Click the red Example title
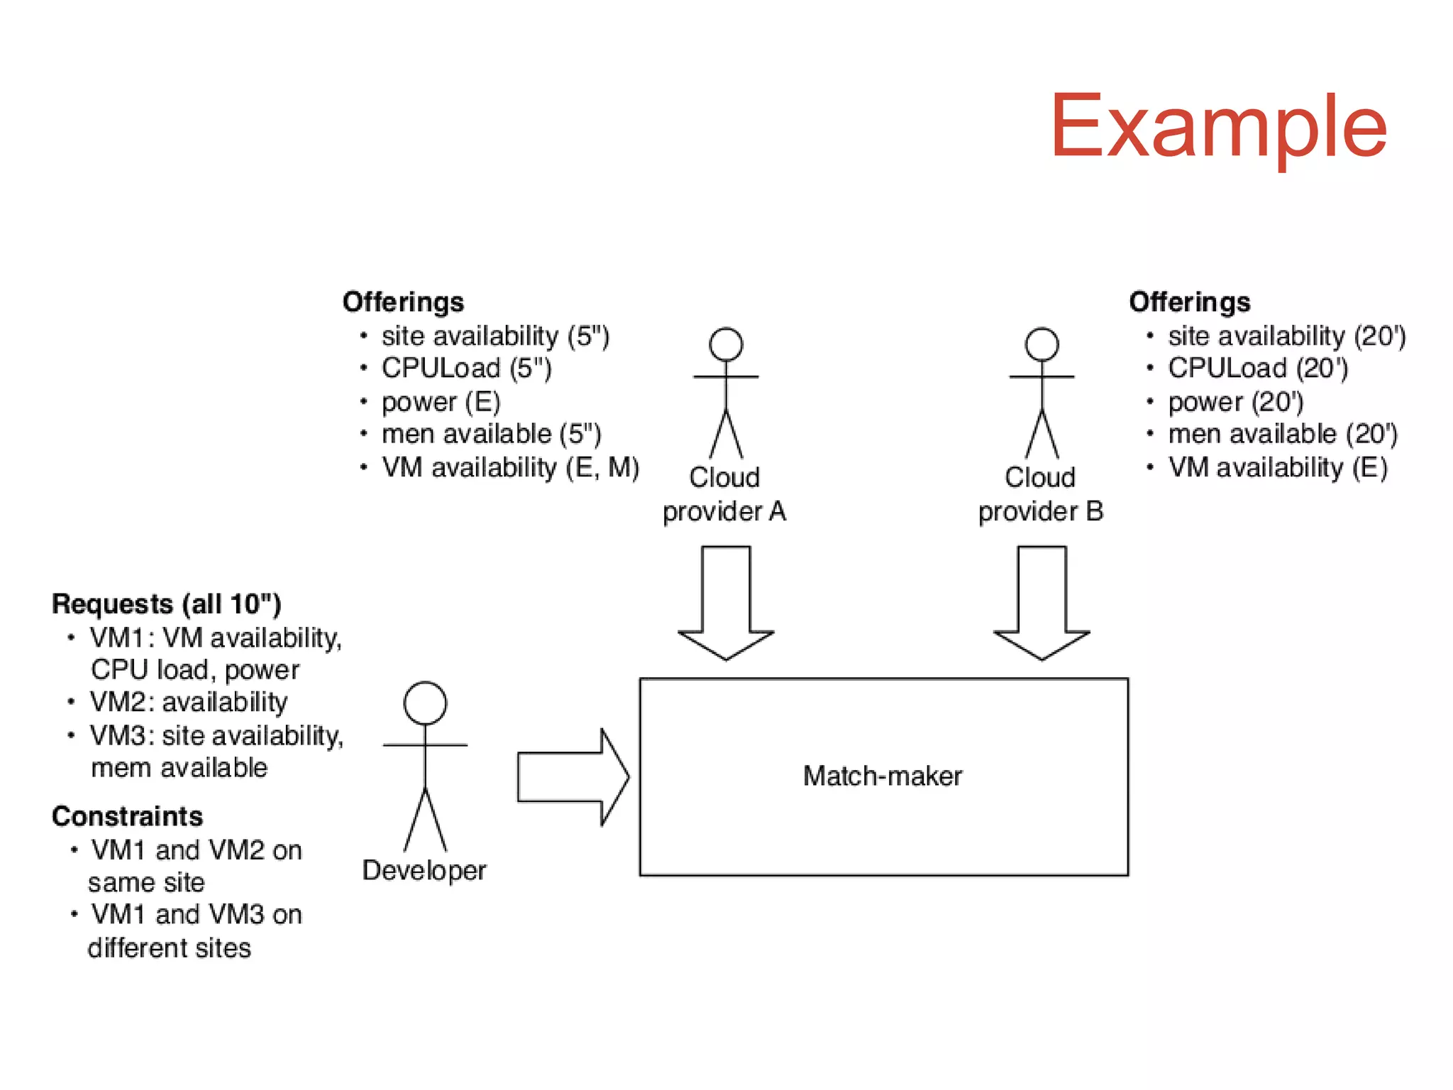point(1217,128)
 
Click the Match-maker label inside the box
point(882,776)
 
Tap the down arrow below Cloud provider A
point(726,603)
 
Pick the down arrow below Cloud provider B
point(1042,603)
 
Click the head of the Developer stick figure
point(425,703)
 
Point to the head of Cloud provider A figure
point(726,345)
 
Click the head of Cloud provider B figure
point(1042,345)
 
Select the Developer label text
point(424,870)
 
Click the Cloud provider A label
point(724,494)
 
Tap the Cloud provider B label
point(1040,494)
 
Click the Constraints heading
point(127,816)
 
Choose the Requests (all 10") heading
point(167,604)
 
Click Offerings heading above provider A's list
point(403,302)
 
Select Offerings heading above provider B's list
point(1189,302)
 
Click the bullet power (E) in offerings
point(441,402)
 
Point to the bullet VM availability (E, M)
point(510,468)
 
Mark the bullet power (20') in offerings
point(1235,402)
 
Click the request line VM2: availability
point(189,702)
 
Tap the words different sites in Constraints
point(169,948)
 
